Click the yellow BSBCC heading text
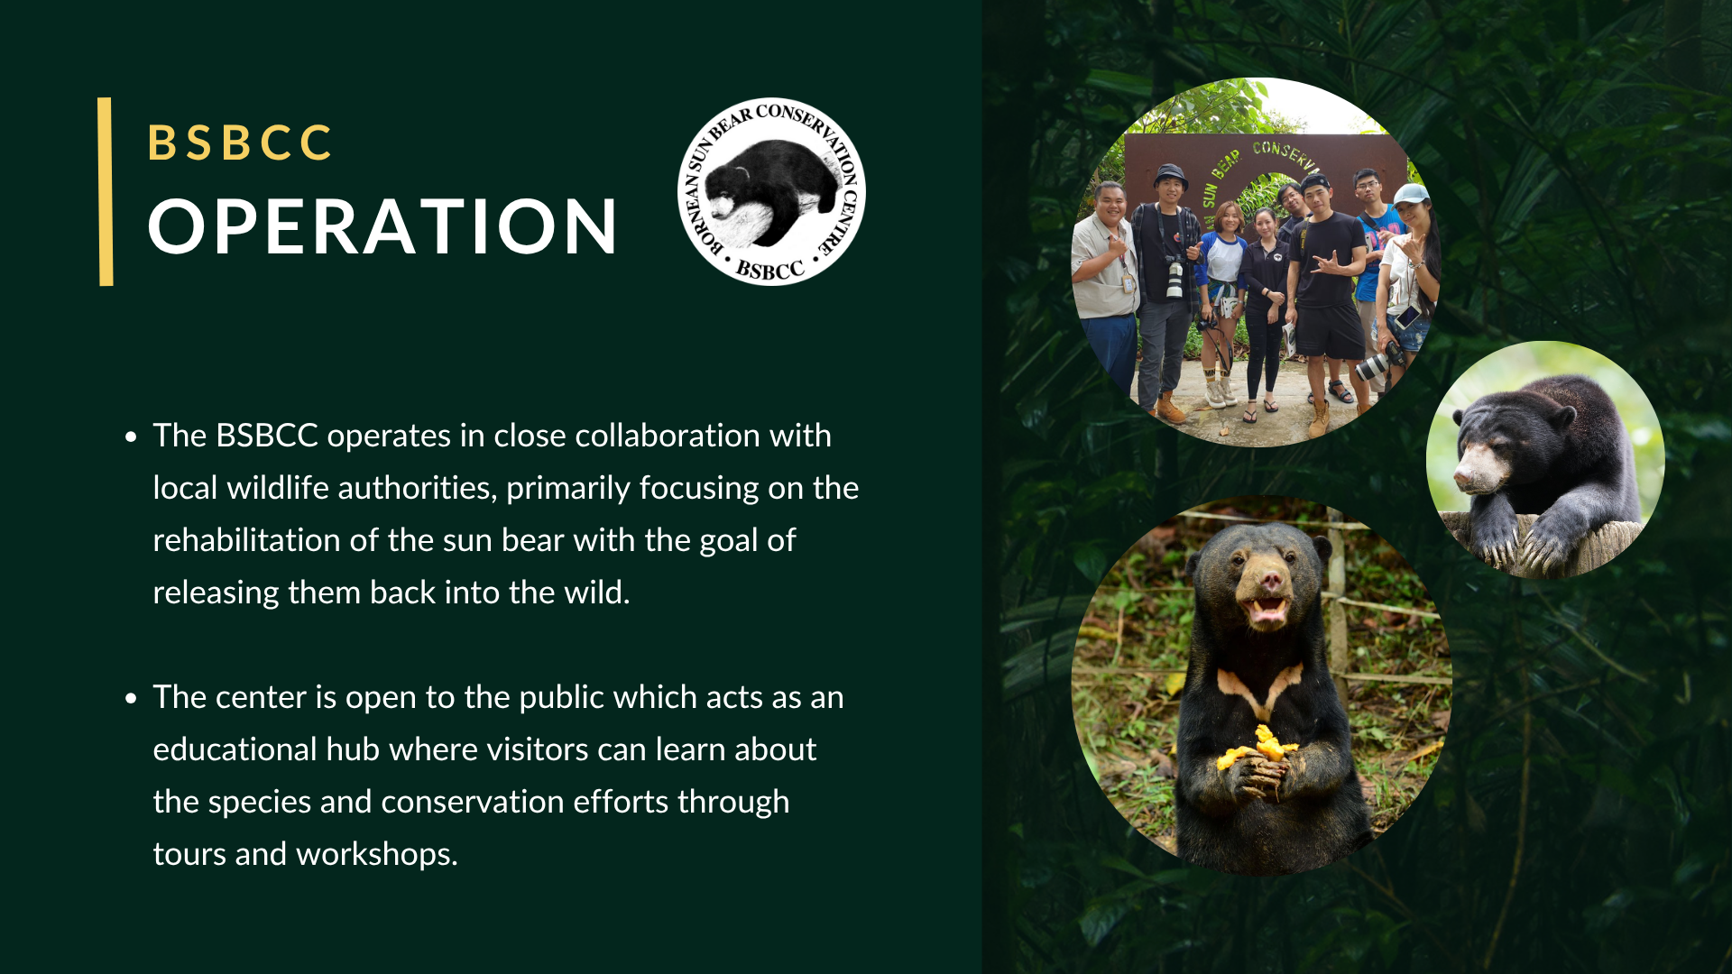point(240,142)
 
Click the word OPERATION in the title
point(382,225)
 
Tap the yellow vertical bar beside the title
point(106,191)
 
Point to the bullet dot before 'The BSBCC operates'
point(132,437)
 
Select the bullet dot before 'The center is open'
point(132,699)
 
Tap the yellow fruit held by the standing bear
point(1259,748)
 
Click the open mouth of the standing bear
point(1267,611)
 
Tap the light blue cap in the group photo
point(1411,193)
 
